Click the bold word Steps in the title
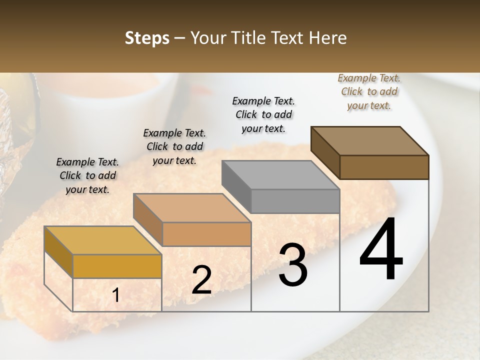pos(147,38)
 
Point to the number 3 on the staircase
pos(292,265)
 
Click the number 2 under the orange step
pos(201,280)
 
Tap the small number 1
pos(116,295)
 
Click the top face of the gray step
pos(280,175)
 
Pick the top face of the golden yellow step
pos(102,240)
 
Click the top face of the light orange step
pos(191,208)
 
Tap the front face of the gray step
pos(295,201)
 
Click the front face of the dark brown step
pos(384,167)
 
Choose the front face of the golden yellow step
pos(117,266)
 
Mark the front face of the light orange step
pos(206,234)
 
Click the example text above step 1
pos(87,175)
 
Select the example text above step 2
pos(174,146)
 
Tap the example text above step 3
pos(263,114)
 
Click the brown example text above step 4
pos(369,91)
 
